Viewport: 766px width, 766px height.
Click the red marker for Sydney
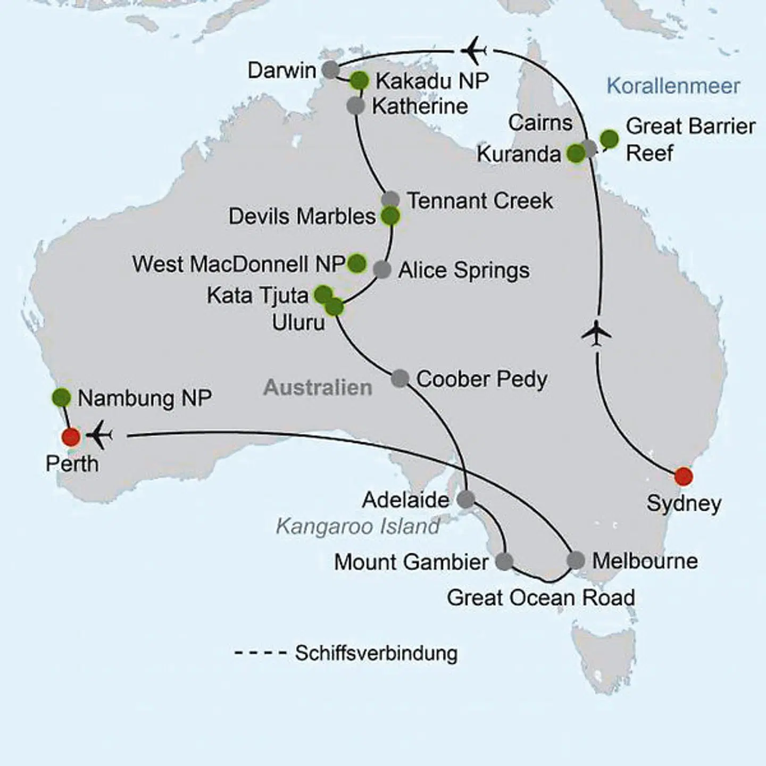(684, 476)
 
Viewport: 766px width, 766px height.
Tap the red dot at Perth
(71, 437)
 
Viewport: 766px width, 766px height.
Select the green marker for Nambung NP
(62, 397)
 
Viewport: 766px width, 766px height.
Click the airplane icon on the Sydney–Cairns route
(596, 334)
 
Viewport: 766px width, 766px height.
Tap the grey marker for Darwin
(331, 69)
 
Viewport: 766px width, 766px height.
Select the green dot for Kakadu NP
(360, 81)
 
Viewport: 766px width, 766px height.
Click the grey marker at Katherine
(355, 105)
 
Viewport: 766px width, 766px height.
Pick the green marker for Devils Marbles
(390, 217)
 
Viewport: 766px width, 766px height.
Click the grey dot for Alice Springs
(382, 270)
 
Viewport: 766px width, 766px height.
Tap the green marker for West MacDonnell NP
(357, 263)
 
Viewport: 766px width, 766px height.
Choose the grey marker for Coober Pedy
(400, 379)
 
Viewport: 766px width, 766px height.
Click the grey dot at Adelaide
(466, 499)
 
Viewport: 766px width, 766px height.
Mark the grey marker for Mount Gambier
(504, 561)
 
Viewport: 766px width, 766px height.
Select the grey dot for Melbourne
(576, 560)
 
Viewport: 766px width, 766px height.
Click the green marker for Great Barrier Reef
(610, 139)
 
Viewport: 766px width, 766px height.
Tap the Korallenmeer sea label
(673, 86)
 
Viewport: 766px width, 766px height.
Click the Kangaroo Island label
(357, 526)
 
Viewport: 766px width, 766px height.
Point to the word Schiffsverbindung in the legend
(376, 653)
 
